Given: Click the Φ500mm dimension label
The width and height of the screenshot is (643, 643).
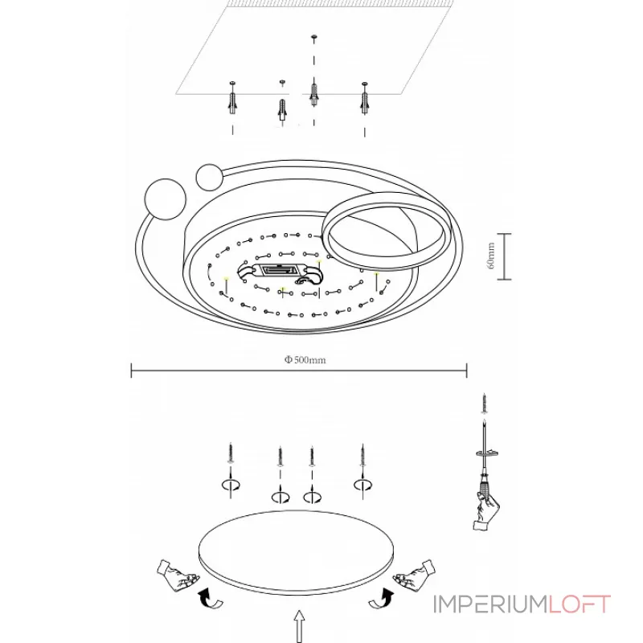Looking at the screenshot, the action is (305, 359).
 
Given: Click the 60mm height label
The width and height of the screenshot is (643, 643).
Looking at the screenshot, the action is (491, 256).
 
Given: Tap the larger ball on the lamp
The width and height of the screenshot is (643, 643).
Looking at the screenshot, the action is (166, 199).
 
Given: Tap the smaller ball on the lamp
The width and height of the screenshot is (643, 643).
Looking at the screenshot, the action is (210, 177).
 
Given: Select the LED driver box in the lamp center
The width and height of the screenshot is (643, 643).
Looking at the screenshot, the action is (280, 271).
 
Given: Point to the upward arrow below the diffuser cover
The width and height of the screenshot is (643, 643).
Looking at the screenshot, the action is (300, 625).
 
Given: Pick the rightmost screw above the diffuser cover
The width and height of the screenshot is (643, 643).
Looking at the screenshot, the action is (362, 455).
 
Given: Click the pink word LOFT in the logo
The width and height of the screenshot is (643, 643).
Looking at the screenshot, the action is (580, 604).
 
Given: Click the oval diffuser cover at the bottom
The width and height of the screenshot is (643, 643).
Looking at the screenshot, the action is (296, 552).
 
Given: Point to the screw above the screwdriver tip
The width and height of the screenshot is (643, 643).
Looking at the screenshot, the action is (485, 403).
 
